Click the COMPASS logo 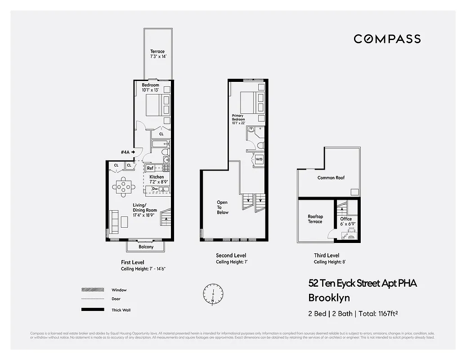pyautogui.click(x=387, y=39)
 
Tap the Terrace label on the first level pyautogui.click(x=157, y=51)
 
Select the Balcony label pyautogui.click(x=146, y=247)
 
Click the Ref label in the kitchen pyautogui.click(x=150, y=168)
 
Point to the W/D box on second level pyautogui.click(x=259, y=159)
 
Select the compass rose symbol pyautogui.click(x=213, y=293)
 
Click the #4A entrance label pyautogui.click(x=125, y=153)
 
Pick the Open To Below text pyautogui.click(x=222, y=207)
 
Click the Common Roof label pyautogui.click(x=331, y=178)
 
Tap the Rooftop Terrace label pyautogui.click(x=315, y=219)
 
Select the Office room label pyautogui.click(x=346, y=219)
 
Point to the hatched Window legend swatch pyautogui.click(x=90, y=290)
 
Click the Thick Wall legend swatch pyautogui.click(x=90, y=310)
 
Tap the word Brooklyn pyautogui.click(x=329, y=297)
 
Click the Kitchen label pyautogui.click(x=157, y=177)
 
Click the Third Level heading pyautogui.click(x=327, y=256)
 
